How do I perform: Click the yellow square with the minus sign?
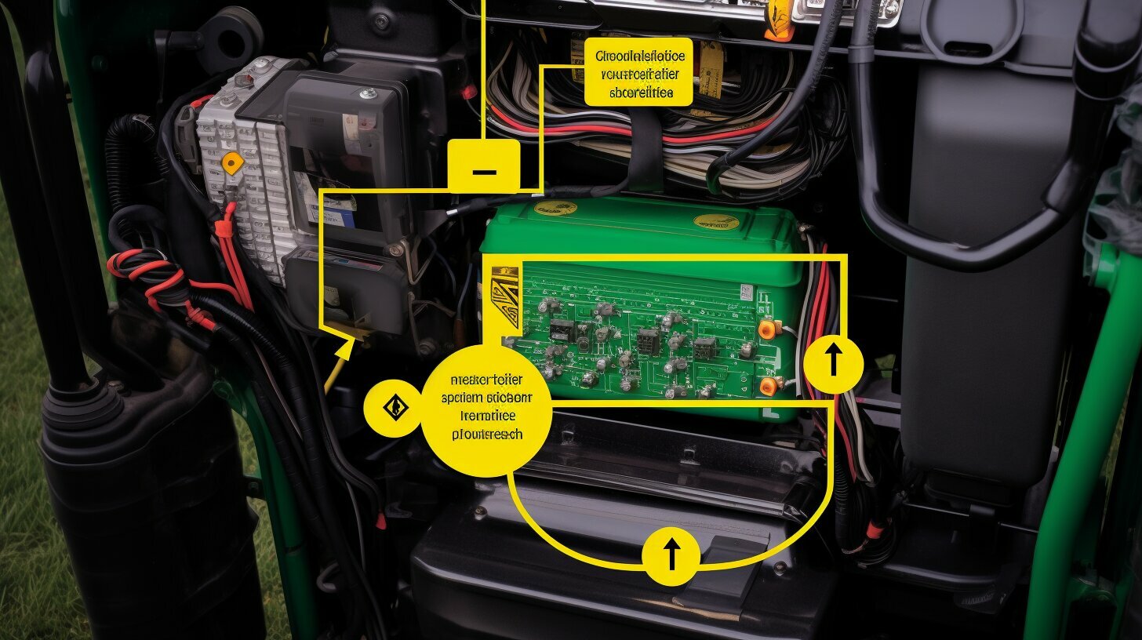[x=483, y=166]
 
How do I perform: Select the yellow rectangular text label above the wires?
[x=639, y=71]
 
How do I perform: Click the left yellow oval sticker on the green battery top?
[x=555, y=208]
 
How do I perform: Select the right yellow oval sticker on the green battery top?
[x=716, y=222]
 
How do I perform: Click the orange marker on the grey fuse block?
[x=232, y=162]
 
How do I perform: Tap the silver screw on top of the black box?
[x=366, y=94]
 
